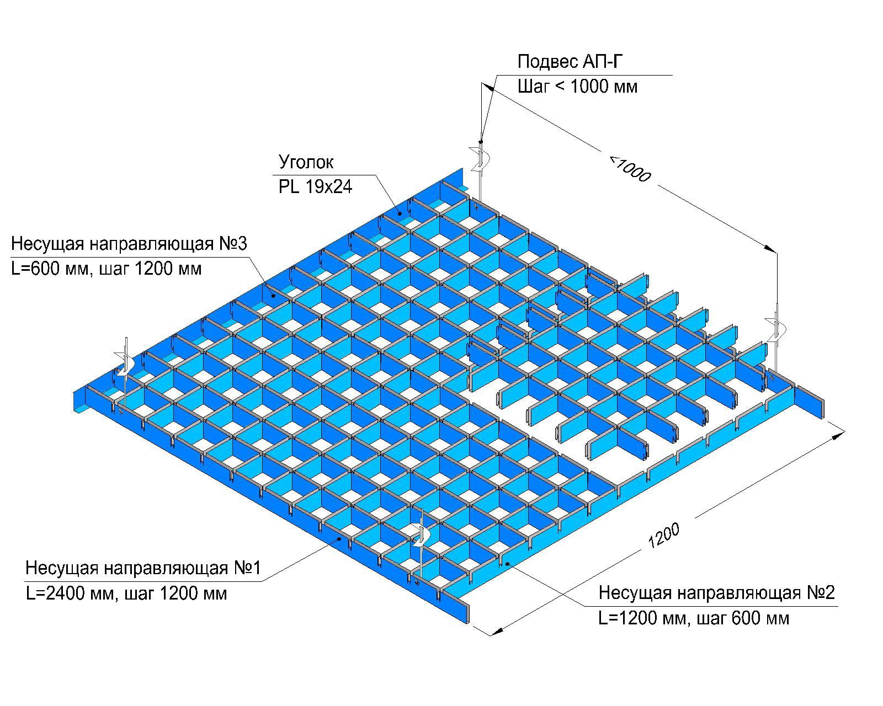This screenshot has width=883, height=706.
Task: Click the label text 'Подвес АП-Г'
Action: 570,62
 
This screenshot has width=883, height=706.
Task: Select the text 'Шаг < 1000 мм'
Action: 577,87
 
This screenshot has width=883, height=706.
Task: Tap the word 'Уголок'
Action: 306,162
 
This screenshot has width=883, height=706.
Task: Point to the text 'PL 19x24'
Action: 315,188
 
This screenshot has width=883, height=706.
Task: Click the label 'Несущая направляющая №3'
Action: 129,244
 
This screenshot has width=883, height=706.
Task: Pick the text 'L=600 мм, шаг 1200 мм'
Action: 106,269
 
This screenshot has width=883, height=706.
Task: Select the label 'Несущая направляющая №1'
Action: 143,569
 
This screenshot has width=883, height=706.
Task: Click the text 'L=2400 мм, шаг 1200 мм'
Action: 126,594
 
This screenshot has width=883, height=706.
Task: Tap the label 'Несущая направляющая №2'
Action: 717,593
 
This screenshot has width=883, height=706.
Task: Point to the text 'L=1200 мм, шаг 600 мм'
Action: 694,618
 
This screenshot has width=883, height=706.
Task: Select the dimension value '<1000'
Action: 630,168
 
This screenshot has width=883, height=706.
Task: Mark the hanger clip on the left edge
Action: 125,364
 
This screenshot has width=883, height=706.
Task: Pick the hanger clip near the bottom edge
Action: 422,534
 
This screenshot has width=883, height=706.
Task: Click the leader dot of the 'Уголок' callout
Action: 400,211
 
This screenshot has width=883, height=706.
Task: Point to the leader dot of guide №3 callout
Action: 273,296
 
